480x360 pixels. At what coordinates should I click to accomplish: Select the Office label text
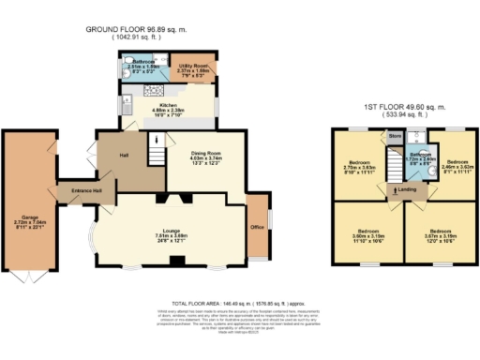pos(256,226)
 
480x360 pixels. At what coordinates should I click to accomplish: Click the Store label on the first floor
pos(395,134)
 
